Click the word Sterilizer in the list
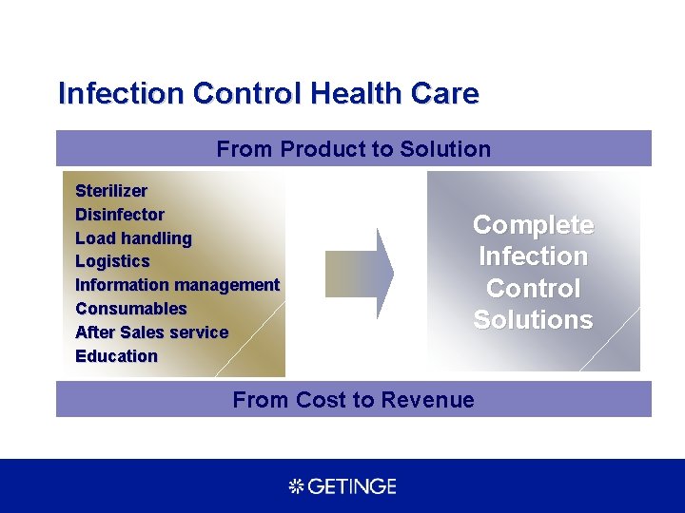click(111, 191)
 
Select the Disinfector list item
click(120, 215)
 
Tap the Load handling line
click(133, 238)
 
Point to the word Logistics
click(112, 261)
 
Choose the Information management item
click(177, 285)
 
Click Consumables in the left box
click(131, 309)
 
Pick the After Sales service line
click(151, 332)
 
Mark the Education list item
click(116, 356)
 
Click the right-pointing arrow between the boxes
click(360, 274)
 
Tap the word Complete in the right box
click(533, 225)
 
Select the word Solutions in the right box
click(533, 320)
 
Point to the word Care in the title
click(446, 94)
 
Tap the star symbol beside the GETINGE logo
click(296, 486)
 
